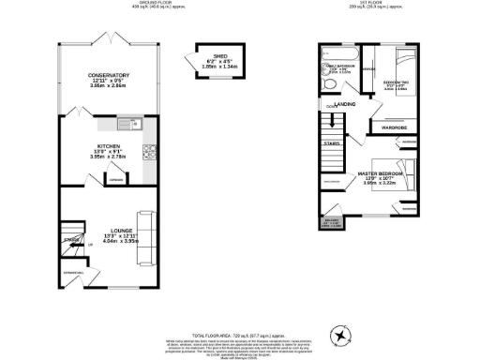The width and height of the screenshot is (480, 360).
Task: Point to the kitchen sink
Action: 127,125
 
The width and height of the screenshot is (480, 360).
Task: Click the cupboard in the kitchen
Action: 115,179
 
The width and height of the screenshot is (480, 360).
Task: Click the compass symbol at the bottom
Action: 340,334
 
